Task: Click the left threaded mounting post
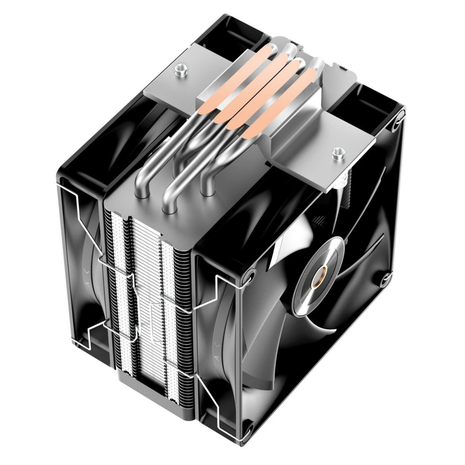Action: point(181,68)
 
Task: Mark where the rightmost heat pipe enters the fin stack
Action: point(207,193)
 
